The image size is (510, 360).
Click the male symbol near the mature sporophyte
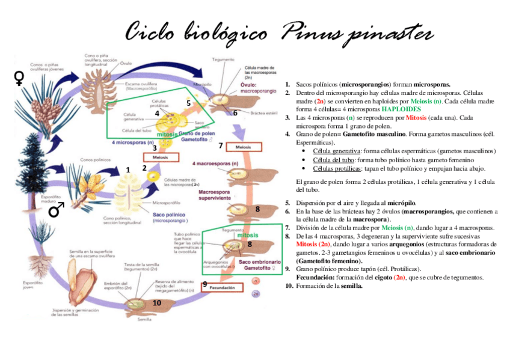coord(57,209)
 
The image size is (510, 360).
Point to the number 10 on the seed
coord(157,303)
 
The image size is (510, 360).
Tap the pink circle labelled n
coord(256,281)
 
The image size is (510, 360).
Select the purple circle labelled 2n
coord(256,294)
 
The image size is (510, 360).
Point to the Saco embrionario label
coord(259,266)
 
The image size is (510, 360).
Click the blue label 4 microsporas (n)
coord(132,142)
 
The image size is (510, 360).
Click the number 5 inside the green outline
coord(188,103)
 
